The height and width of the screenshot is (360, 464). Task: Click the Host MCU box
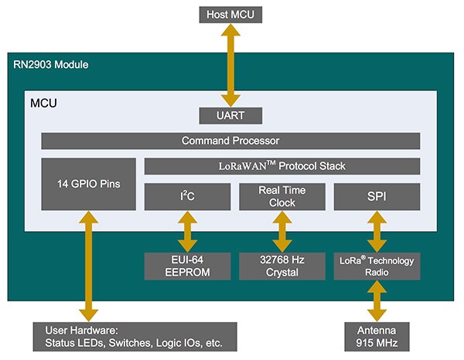coord(230,14)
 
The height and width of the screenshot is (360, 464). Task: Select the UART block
coord(230,116)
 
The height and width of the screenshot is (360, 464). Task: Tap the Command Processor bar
coord(230,141)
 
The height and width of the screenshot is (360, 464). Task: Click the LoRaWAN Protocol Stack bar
coord(282,166)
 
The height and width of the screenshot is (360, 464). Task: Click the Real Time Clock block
coord(282,196)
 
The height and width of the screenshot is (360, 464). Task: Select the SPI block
coord(377,196)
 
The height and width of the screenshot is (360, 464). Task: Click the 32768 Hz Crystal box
coord(282,266)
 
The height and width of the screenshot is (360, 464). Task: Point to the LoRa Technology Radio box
coord(377,266)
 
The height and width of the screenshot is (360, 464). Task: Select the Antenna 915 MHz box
coord(377,336)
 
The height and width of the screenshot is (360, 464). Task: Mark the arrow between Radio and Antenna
coord(377,301)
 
